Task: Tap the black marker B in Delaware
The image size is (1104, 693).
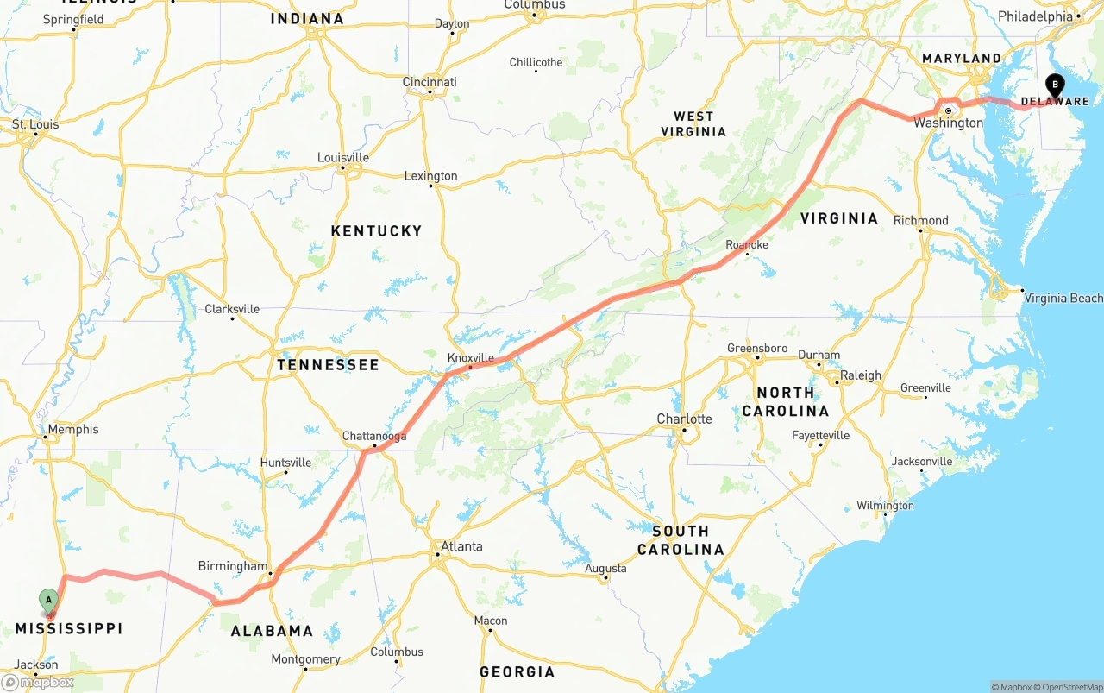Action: [x=1054, y=85]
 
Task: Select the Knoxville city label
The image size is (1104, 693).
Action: [x=471, y=357]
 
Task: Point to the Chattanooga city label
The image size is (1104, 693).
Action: [x=374, y=436]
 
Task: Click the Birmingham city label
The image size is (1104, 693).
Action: [x=233, y=566]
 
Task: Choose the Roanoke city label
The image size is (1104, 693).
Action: [x=747, y=245]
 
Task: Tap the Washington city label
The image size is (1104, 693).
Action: [x=949, y=123]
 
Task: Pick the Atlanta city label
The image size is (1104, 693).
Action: [x=461, y=546]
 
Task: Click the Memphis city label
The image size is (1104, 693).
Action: [x=73, y=429]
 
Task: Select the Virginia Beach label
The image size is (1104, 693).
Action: [x=1063, y=298]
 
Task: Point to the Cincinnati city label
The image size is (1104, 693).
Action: [x=430, y=82]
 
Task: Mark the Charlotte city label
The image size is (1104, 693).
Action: [x=685, y=419]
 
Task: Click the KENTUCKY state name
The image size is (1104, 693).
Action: [x=377, y=230]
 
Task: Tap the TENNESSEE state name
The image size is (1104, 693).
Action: [x=328, y=364]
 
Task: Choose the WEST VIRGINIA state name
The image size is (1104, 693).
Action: [x=693, y=123]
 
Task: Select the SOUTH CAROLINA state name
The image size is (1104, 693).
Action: [x=681, y=540]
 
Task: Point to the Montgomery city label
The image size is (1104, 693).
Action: [x=306, y=659]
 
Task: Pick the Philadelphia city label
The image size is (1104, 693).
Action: [x=1035, y=16]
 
